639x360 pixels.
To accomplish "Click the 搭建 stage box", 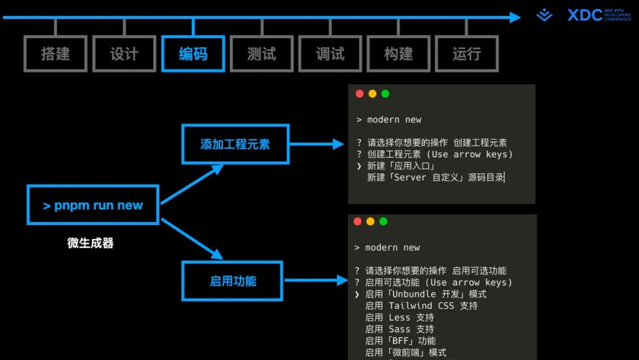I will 55,54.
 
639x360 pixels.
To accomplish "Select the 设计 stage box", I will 124,54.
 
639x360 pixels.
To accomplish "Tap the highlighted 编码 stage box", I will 193,54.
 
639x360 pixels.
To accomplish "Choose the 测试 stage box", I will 262,54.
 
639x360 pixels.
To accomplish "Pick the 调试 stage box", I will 330,54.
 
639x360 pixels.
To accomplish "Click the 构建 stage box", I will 398,54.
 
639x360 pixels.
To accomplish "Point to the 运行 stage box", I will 467,54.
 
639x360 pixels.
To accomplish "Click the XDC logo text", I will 585,15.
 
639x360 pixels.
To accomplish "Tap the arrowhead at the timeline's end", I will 515,17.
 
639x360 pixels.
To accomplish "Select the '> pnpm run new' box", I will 93,205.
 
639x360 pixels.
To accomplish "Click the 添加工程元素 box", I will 235,144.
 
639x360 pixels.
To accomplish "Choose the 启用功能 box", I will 233,281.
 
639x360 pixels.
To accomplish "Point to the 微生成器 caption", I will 90,243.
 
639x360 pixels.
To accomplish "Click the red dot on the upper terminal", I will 360,94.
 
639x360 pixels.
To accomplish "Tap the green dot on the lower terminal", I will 383,221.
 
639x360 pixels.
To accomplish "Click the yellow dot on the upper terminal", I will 372,94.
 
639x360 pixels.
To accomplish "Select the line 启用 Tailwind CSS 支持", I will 421,306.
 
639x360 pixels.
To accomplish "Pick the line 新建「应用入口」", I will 401,166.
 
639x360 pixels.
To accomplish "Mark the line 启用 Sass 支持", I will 399,329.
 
